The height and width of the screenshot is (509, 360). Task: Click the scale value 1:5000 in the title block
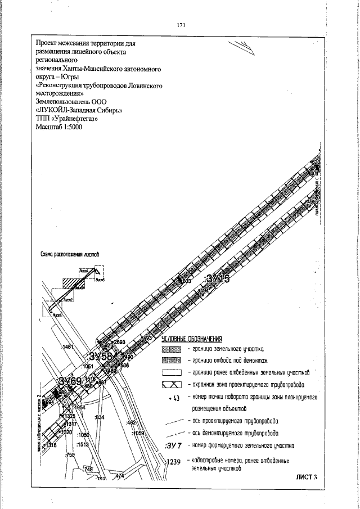pyautogui.click(x=67, y=128)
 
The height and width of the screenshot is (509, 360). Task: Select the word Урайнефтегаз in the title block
pyautogui.click(x=76, y=119)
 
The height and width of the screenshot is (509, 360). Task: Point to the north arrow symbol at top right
pyautogui.click(x=244, y=48)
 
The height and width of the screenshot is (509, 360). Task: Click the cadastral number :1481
pyautogui.click(x=69, y=348)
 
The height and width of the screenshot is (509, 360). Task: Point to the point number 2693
pyautogui.click(x=119, y=343)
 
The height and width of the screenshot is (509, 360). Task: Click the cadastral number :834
pyautogui.click(x=100, y=417)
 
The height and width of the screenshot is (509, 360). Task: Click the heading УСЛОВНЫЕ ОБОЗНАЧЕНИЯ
pyautogui.click(x=192, y=339)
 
